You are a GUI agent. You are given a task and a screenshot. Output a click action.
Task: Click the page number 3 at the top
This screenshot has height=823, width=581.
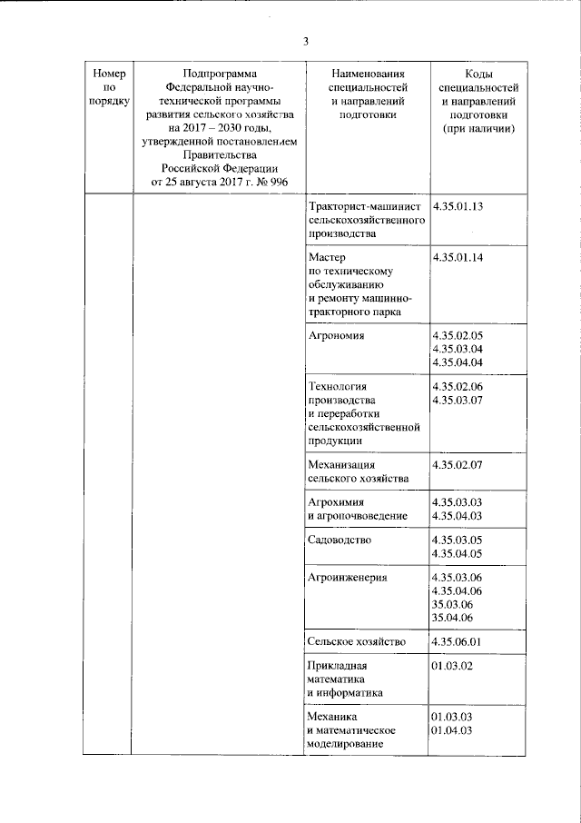(306, 41)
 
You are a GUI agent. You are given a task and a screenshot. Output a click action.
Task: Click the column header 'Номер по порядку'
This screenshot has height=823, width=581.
(108, 87)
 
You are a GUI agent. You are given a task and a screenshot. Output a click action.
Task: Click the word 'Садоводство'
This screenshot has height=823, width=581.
(340, 540)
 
